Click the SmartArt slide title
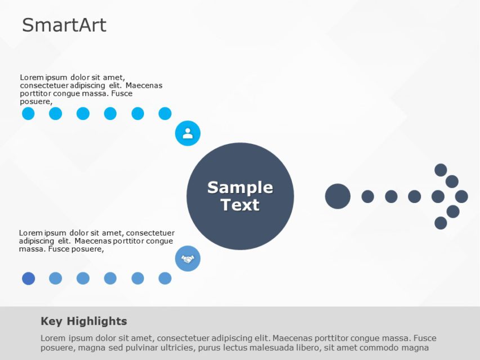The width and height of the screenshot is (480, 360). tap(64, 25)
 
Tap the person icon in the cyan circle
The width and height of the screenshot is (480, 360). tap(187, 133)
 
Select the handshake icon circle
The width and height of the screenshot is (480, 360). tap(187, 259)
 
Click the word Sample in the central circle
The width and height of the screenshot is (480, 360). tap(240, 187)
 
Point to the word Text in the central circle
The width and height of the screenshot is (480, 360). tap(240, 205)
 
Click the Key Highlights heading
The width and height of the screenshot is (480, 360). tap(84, 321)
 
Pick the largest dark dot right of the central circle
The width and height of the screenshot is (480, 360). tap(338, 196)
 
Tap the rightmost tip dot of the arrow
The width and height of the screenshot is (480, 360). tap(461, 196)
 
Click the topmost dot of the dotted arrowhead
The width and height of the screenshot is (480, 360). tap(441, 170)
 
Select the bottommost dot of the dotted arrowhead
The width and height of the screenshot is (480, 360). tap(441, 223)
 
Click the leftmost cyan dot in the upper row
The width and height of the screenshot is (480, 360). tap(28, 114)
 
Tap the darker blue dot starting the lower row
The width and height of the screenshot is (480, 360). tap(28, 278)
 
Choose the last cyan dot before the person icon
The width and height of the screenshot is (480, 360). tap(165, 114)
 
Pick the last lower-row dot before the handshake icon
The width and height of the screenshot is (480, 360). tap(165, 278)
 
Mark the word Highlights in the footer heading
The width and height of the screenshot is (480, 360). tap(96, 321)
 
